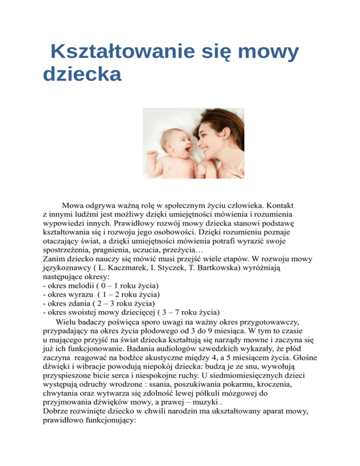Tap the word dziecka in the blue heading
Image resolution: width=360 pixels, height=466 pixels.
(x=82, y=74)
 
